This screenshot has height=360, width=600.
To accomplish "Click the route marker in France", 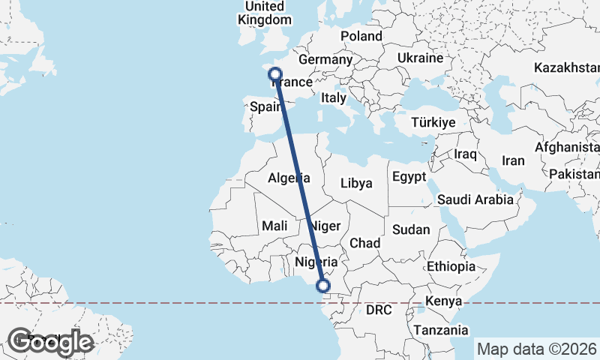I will [x=275, y=74].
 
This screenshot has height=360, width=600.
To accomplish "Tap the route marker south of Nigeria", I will [x=323, y=286].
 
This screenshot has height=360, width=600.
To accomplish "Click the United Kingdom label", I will [x=265, y=13].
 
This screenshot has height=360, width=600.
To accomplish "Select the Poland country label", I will [x=361, y=36].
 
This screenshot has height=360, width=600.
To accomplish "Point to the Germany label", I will [x=325, y=59].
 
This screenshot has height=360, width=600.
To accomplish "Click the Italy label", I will [x=333, y=97].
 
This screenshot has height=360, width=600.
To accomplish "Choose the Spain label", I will [x=265, y=106].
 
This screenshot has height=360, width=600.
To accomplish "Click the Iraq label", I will [x=465, y=154].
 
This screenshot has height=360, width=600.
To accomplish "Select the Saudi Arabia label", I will [x=475, y=199].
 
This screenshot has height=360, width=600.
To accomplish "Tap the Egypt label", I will [x=408, y=177].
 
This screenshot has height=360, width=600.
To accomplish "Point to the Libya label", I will [x=355, y=183].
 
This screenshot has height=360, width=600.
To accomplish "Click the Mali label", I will [x=274, y=226].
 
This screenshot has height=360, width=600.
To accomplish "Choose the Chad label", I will [x=364, y=243].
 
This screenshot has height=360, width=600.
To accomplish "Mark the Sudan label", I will [x=411, y=229].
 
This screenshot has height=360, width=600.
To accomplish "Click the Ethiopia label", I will [x=451, y=266].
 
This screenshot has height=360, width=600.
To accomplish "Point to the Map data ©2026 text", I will [x=536, y=349].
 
